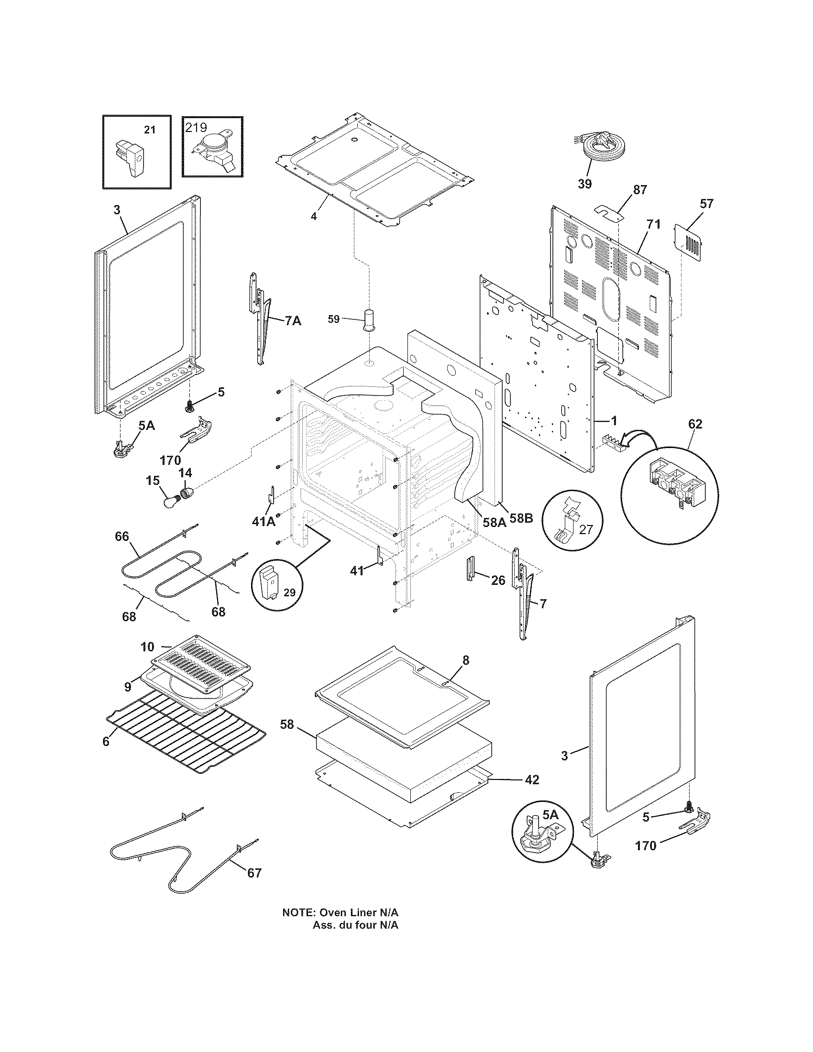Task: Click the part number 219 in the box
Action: [197, 128]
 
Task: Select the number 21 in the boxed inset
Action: [150, 130]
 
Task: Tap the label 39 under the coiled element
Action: [585, 184]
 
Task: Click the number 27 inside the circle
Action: [586, 530]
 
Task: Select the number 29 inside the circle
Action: [289, 592]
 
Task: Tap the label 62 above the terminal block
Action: [695, 424]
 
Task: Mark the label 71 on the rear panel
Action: [654, 224]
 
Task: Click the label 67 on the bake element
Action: [254, 873]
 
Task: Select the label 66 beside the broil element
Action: [122, 536]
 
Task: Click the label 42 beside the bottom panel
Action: [532, 779]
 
